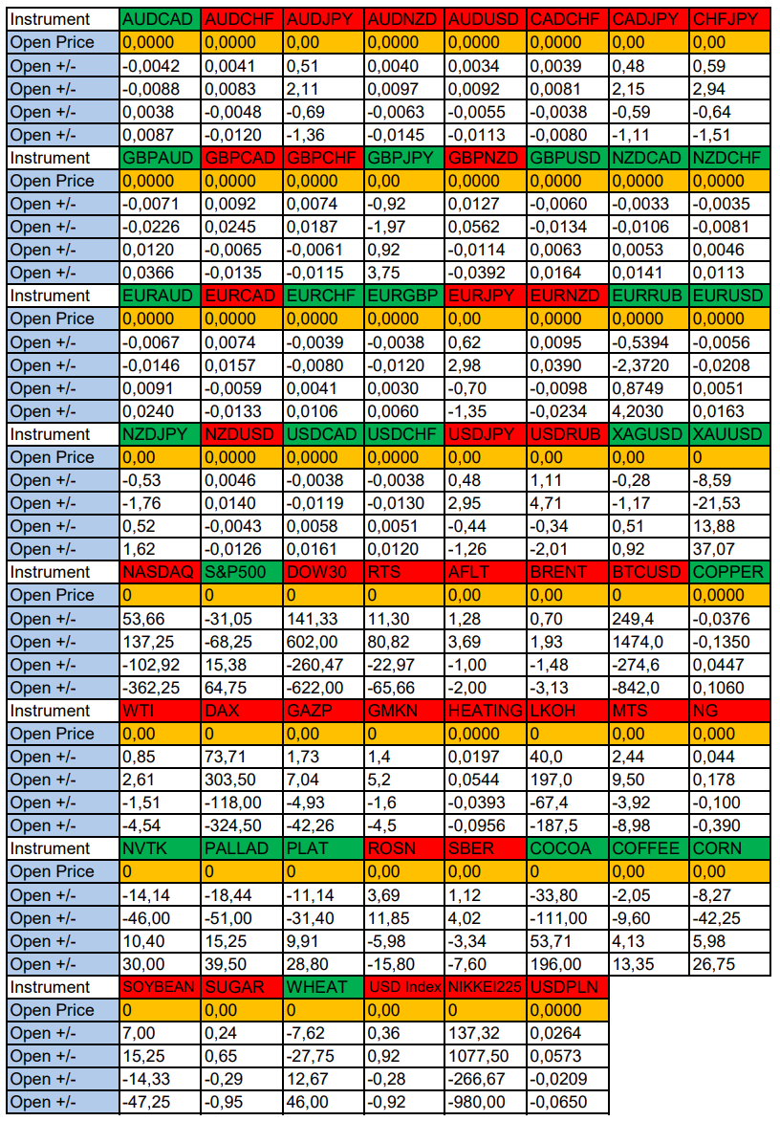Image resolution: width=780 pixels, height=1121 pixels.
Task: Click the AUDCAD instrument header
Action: [x=161, y=19]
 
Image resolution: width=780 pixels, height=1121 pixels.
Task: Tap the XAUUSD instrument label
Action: [x=729, y=434]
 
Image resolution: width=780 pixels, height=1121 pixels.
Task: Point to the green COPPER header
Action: [x=729, y=572]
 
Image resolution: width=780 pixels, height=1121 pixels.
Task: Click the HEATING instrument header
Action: [x=486, y=711]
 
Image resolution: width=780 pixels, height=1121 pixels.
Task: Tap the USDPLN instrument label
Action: [x=567, y=987]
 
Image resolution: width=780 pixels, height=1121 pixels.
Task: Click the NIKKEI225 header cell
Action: [x=486, y=987]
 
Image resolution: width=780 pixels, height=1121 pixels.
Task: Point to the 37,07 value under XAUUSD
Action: [x=729, y=549]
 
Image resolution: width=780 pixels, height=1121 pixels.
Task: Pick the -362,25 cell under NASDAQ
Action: [x=161, y=688]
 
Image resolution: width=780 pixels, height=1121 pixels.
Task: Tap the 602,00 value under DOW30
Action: [x=323, y=642]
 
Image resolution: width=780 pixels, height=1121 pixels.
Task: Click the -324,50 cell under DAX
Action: [x=242, y=825]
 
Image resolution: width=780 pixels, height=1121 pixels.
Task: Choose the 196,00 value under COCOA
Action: [x=567, y=964]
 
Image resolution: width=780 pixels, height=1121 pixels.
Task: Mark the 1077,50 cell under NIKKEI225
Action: [x=486, y=1056]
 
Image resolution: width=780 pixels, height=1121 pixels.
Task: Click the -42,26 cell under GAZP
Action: [x=323, y=825]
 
